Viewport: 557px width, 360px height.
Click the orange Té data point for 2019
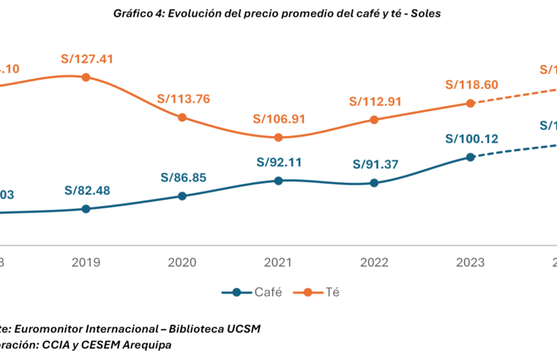[86, 77]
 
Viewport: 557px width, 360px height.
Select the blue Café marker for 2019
[86, 209]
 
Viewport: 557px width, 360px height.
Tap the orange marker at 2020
[183, 118]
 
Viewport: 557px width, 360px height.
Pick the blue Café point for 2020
[183, 195]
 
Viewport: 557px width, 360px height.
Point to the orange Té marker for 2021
[278, 137]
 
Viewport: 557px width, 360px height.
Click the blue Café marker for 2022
[374, 183]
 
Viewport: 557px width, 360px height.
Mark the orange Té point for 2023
[471, 103]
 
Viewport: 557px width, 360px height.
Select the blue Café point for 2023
[471, 157]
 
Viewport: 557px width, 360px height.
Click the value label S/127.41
[86, 59]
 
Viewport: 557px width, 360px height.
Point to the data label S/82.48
[86, 192]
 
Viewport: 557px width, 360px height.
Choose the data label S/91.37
[375, 165]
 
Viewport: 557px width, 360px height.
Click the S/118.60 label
[471, 85]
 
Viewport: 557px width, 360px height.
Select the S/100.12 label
[471, 138]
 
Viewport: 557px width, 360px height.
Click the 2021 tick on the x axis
[278, 262]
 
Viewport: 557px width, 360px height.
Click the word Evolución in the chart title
[211, 13]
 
